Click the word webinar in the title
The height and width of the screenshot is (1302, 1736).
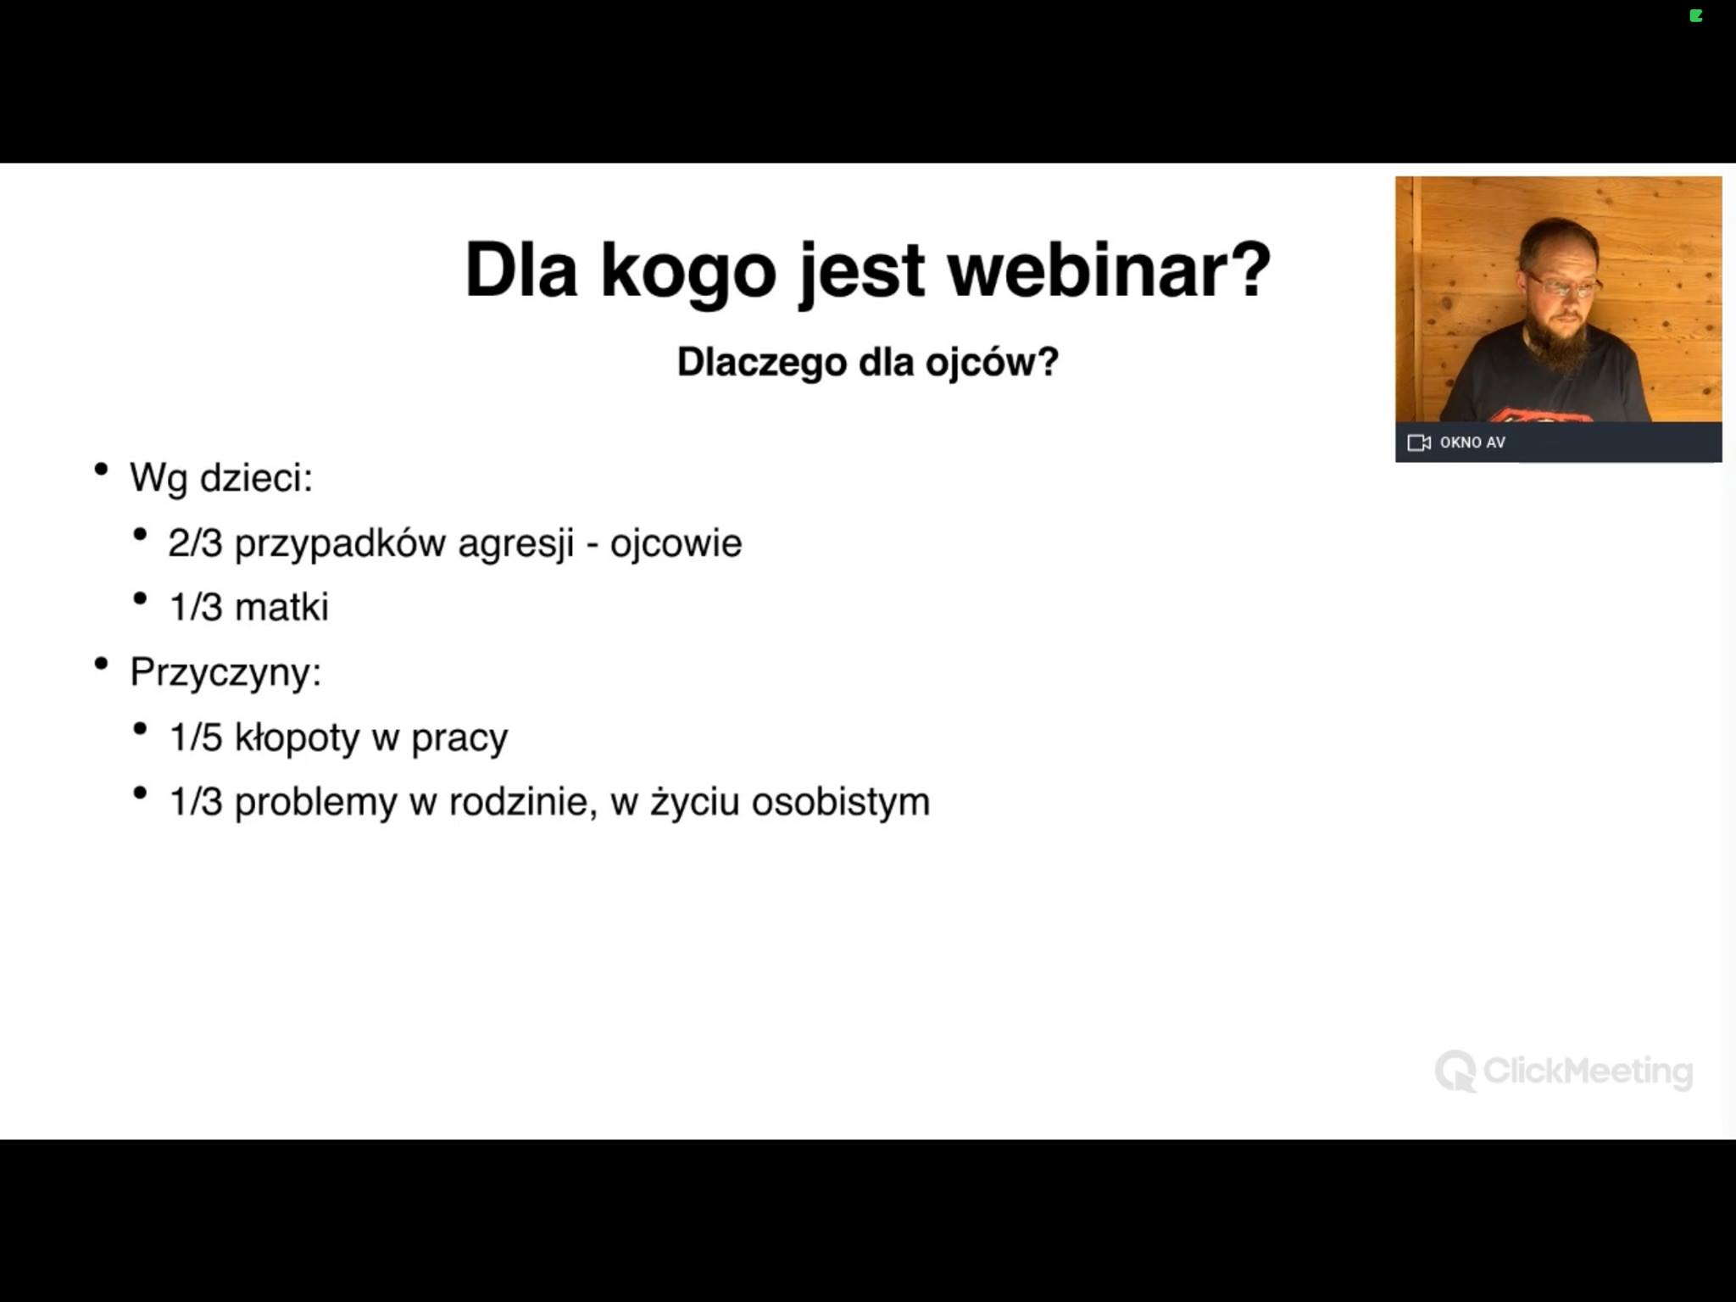pyautogui.click(x=1109, y=270)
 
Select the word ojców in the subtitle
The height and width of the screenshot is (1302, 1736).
pyautogui.click(x=992, y=363)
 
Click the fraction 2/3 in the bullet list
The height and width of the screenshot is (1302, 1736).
pyautogui.click(x=195, y=543)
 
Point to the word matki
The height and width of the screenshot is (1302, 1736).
pyautogui.click(x=281, y=608)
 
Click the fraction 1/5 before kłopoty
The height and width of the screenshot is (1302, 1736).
pyautogui.click(x=196, y=737)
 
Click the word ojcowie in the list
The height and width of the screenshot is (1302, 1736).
pyautogui.click(x=676, y=544)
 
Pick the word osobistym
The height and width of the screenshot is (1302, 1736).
pyautogui.click(x=841, y=802)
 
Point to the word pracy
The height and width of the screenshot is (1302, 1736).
pyautogui.click(x=459, y=739)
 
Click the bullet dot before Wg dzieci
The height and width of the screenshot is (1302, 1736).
pyautogui.click(x=102, y=469)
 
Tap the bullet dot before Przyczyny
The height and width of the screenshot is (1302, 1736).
pyautogui.click(x=102, y=664)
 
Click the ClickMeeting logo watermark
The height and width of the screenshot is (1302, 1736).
pyautogui.click(x=1564, y=1071)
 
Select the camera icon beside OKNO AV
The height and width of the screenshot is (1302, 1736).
pyautogui.click(x=1419, y=442)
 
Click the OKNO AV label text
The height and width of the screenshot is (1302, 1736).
pyautogui.click(x=1472, y=442)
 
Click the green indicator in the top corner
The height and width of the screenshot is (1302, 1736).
pyautogui.click(x=1696, y=15)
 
